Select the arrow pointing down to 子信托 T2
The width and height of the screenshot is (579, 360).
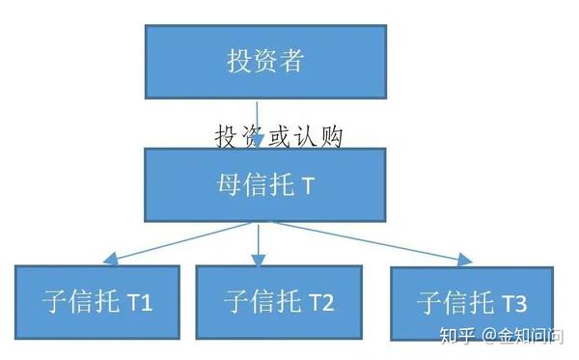click(258, 245)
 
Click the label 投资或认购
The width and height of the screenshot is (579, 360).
click(279, 135)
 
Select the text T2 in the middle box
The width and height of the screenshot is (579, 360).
click(320, 302)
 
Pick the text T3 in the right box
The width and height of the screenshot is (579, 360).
click(513, 304)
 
